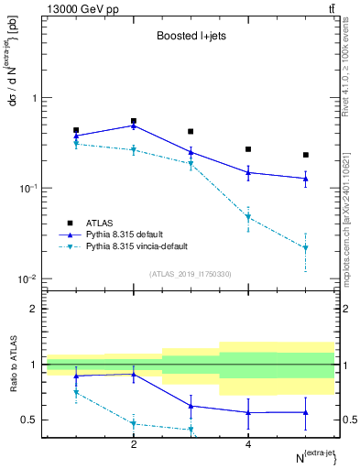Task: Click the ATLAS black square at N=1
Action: pyautogui.click(x=76, y=131)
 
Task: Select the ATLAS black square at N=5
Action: pyautogui.click(x=306, y=155)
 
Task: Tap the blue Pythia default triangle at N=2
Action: pyautogui.click(x=134, y=125)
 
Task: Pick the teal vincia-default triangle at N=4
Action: pyautogui.click(x=248, y=218)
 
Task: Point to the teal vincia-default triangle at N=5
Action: pyautogui.click(x=306, y=248)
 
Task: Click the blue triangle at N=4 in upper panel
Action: pyautogui.click(x=248, y=172)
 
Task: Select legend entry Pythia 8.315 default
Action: pyautogui.click(x=130, y=234)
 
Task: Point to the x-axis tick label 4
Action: pyautogui.click(x=248, y=443)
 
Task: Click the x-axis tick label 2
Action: pyautogui.click(x=134, y=443)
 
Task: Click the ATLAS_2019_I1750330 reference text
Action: pyautogui.click(x=191, y=274)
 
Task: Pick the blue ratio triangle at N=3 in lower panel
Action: pyautogui.click(x=191, y=406)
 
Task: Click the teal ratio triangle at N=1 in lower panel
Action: pyautogui.click(x=76, y=392)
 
